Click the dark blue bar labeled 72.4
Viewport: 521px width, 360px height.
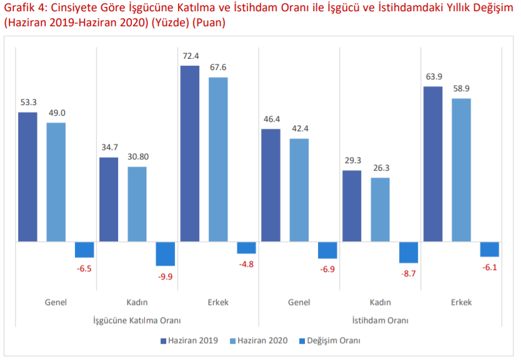190,153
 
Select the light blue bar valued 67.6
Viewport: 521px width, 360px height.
218,159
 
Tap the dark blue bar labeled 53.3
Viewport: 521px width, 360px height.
27,176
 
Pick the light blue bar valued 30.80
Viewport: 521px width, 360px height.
137,204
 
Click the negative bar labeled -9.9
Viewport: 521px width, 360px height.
165,253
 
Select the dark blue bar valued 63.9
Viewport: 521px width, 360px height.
433,164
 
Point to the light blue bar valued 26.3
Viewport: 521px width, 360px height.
380,209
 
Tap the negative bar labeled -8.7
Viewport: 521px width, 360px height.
409,252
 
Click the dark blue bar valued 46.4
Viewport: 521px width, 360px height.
270,185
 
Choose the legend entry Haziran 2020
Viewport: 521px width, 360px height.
259,341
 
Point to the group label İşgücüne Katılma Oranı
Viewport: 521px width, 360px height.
136,321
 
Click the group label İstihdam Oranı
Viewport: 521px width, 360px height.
380,321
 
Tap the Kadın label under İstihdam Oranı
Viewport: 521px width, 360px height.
380,302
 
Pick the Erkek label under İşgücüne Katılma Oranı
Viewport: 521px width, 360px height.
218,302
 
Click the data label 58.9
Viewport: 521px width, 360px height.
461,89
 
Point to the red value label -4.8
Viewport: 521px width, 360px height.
246,264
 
